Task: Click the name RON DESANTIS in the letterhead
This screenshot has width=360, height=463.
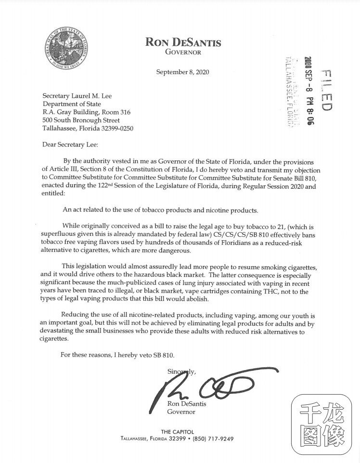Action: pos(183,42)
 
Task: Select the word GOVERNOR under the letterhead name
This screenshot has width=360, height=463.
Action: pos(183,52)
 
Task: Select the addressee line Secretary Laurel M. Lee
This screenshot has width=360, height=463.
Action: pos(77,96)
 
